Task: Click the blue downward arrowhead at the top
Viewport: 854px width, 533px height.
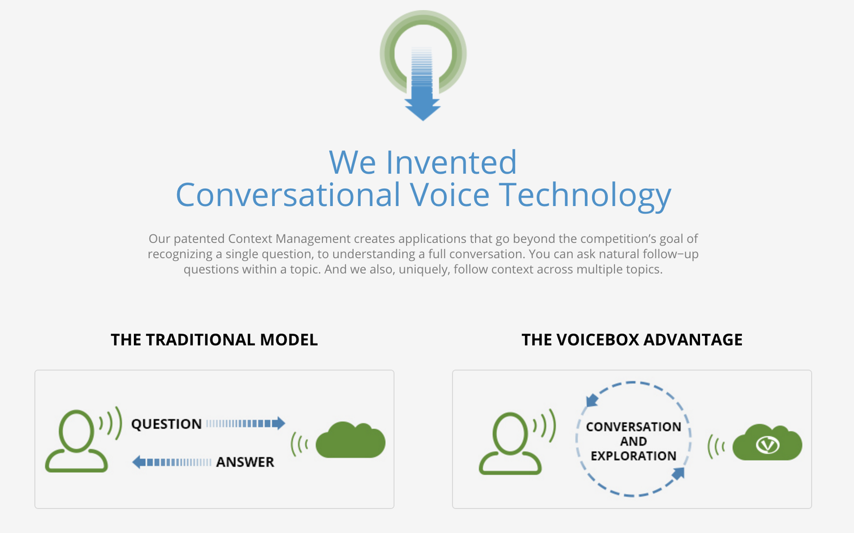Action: coord(423,109)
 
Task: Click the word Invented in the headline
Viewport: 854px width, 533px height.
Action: coord(451,163)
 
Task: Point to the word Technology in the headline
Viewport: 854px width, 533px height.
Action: coord(584,195)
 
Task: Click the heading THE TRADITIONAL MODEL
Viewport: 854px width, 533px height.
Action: coord(214,340)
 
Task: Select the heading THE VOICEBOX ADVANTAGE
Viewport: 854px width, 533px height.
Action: coord(632,340)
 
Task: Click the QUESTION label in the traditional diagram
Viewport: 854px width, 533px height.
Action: coord(166,424)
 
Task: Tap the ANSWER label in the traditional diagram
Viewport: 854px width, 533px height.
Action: coord(245,462)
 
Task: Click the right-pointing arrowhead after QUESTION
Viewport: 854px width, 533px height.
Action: coord(279,423)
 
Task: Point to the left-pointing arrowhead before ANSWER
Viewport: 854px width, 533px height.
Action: coord(139,462)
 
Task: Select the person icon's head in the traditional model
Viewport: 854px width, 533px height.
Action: coord(76,430)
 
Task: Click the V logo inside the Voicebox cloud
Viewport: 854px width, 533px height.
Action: coord(768,445)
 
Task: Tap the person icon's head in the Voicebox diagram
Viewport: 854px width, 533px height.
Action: coord(510,433)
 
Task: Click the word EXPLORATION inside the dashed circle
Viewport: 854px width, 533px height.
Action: coord(633,456)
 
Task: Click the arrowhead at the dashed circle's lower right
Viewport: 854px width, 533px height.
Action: coord(679,473)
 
